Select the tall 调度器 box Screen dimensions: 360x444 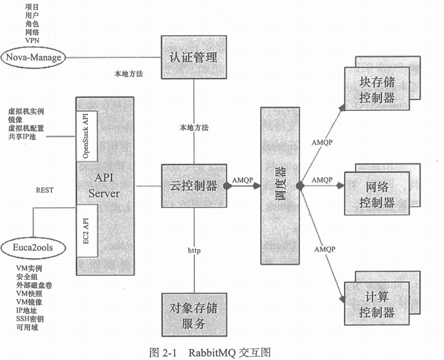coord(278,186)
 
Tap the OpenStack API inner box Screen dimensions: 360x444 coord(85,135)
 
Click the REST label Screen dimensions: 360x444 coord(45,190)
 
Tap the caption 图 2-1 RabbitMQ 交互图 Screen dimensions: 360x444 coord(222,351)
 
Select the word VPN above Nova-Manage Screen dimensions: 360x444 coord(33,40)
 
